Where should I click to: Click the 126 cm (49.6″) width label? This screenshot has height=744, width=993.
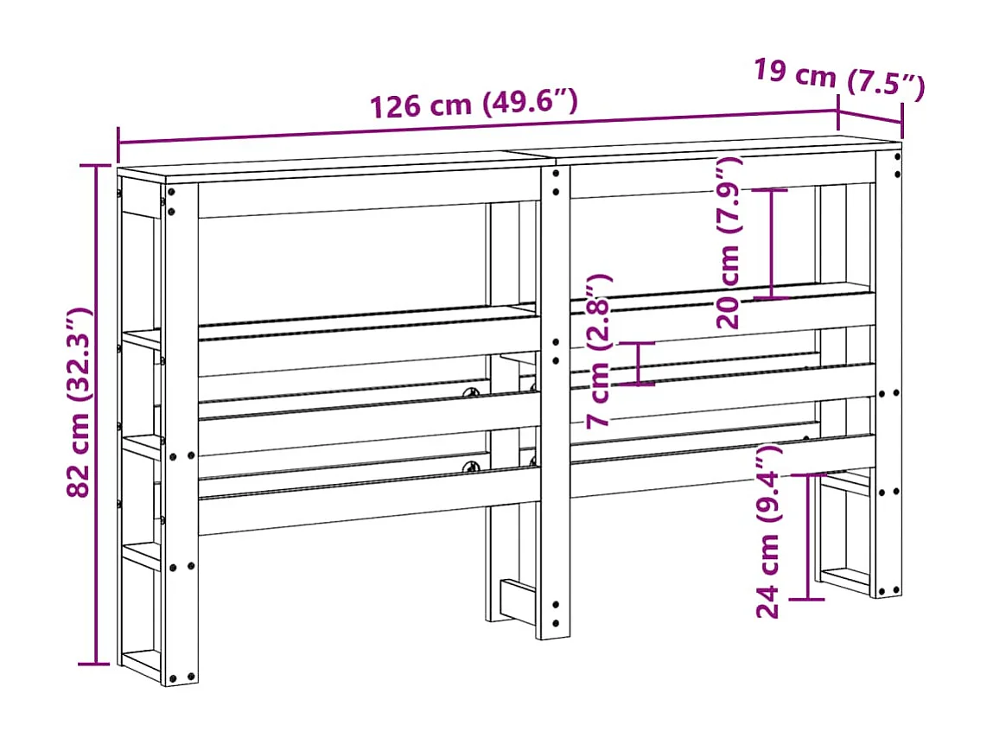coord(473,104)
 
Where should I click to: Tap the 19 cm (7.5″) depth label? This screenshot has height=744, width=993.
coord(838,79)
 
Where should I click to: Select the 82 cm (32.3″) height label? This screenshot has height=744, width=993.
coord(80,403)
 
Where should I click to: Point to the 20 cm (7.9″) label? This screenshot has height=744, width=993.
coord(730,243)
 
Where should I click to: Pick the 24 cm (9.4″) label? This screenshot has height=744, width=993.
coord(768,531)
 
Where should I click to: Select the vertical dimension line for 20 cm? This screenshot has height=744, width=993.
coord(773,244)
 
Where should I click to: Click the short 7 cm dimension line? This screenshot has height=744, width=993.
coord(639,363)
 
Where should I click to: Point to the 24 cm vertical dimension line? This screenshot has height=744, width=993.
coord(808,536)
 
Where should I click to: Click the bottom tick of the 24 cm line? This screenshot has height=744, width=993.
coord(808,599)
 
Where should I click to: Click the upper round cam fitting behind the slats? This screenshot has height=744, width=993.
coord(474,394)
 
